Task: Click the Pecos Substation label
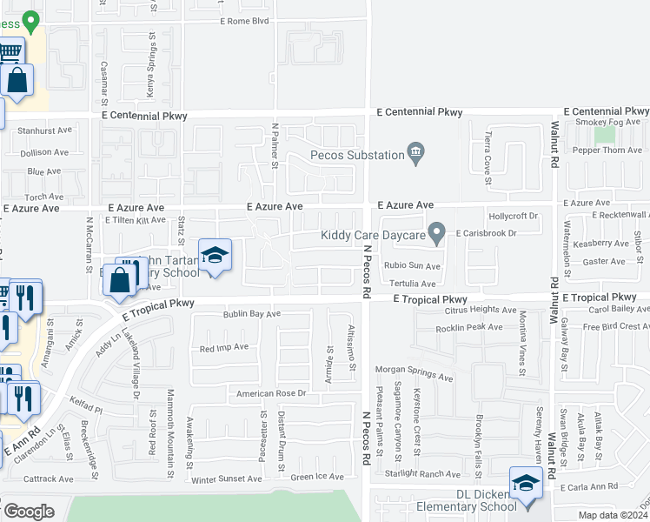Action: tap(358, 156)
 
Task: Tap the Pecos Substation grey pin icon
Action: tap(416, 155)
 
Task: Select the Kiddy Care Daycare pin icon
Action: tap(438, 234)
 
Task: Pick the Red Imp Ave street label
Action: tap(224, 347)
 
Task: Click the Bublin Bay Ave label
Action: tap(252, 314)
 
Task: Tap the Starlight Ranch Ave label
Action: tap(427, 474)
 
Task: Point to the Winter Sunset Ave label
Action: tap(227, 478)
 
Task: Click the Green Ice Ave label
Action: tap(318, 476)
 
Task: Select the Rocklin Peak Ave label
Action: tap(470, 327)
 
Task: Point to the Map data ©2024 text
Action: tap(614, 515)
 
